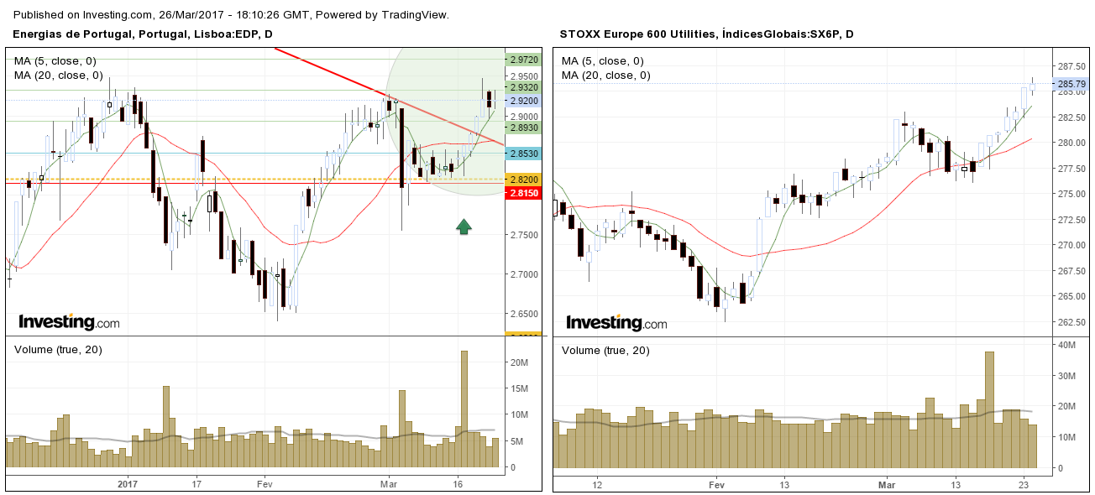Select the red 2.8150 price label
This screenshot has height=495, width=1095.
[x=523, y=193]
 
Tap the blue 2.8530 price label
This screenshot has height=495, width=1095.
[x=523, y=154]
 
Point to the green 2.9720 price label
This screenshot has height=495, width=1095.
[x=523, y=60]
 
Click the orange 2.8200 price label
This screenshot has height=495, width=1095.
[x=523, y=180]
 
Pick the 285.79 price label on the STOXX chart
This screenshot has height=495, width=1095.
[x=1070, y=84]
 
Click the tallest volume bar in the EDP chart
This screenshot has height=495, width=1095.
[x=464, y=409]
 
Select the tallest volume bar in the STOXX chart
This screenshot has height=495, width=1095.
[x=989, y=409]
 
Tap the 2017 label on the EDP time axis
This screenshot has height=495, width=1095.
[x=128, y=484]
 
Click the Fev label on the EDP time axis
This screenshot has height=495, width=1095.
[x=265, y=484]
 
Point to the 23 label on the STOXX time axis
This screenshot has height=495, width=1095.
[x=1024, y=484]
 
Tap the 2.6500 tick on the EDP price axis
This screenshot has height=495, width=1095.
[x=522, y=314]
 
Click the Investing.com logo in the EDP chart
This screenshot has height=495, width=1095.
[x=69, y=322]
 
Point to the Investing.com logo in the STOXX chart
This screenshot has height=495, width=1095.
[x=616, y=323]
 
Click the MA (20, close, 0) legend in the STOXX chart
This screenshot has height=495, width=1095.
[x=605, y=76]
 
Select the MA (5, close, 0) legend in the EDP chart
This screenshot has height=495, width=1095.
[x=55, y=60]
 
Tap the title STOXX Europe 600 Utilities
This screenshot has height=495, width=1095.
[x=637, y=34]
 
